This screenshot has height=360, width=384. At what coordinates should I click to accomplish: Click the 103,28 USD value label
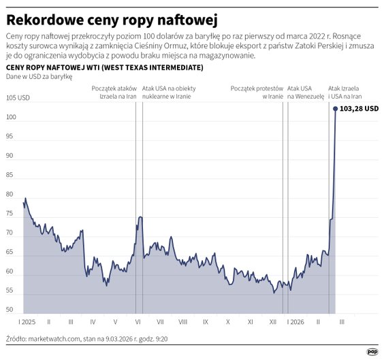pyautogui.click(x=359, y=109)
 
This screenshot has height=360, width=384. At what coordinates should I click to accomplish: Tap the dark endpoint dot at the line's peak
pyautogui.click(x=335, y=108)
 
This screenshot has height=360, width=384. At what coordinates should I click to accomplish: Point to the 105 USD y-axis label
pyautogui.click(x=17, y=98)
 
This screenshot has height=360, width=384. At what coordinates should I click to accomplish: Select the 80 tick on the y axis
pyautogui.click(x=10, y=194)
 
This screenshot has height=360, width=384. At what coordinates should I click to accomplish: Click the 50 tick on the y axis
pyautogui.click(x=10, y=310)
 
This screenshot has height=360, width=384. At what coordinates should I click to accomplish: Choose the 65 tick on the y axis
pyautogui.click(x=10, y=252)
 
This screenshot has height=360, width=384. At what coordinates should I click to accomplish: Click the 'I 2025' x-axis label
pyautogui.click(x=28, y=321)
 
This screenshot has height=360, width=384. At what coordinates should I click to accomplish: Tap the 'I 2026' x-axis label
pyautogui.click(x=297, y=321)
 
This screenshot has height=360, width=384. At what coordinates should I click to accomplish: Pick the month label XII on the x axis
pyautogui.click(x=273, y=321)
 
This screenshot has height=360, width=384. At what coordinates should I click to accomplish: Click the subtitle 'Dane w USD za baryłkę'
pyautogui.click(x=33, y=77)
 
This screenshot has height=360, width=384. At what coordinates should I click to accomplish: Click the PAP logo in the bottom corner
pyautogui.click(x=372, y=352)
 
